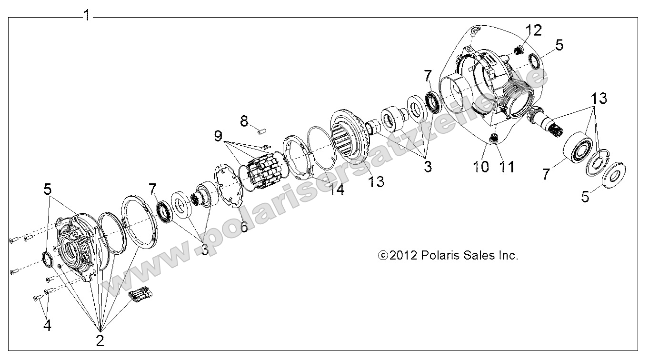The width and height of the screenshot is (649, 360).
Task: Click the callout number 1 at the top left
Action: coord(87,15)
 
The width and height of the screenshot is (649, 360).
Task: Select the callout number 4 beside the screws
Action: coord(47,325)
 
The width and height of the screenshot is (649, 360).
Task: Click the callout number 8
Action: coord(244,121)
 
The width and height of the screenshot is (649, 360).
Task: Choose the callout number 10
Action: coord(481,167)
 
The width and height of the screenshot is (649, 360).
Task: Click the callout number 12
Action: coord(533,30)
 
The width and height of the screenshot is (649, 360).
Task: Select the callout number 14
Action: coord(337,190)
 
